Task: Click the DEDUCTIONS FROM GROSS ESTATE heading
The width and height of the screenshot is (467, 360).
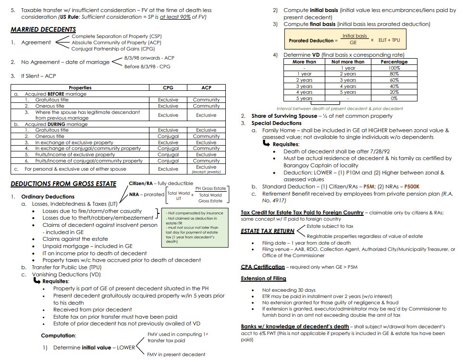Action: [63, 184]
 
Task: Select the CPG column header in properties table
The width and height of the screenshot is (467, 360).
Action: [168, 88]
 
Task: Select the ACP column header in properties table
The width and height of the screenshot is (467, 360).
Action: [206, 88]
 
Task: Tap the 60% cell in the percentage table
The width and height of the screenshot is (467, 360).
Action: [394, 80]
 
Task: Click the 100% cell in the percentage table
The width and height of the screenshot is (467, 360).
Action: [394, 68]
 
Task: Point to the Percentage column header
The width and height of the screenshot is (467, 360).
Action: [394, 62]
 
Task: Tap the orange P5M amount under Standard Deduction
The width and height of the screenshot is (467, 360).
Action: [369, 186]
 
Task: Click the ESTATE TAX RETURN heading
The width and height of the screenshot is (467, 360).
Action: [268, 231]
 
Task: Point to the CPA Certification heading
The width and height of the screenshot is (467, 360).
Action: [263, 267]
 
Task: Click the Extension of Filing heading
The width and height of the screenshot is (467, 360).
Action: [263, 278]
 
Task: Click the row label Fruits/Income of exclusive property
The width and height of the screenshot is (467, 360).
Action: [75, 155]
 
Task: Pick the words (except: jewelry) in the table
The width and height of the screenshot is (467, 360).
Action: [206, 172]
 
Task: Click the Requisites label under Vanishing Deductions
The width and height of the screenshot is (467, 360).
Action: [56, 281]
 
